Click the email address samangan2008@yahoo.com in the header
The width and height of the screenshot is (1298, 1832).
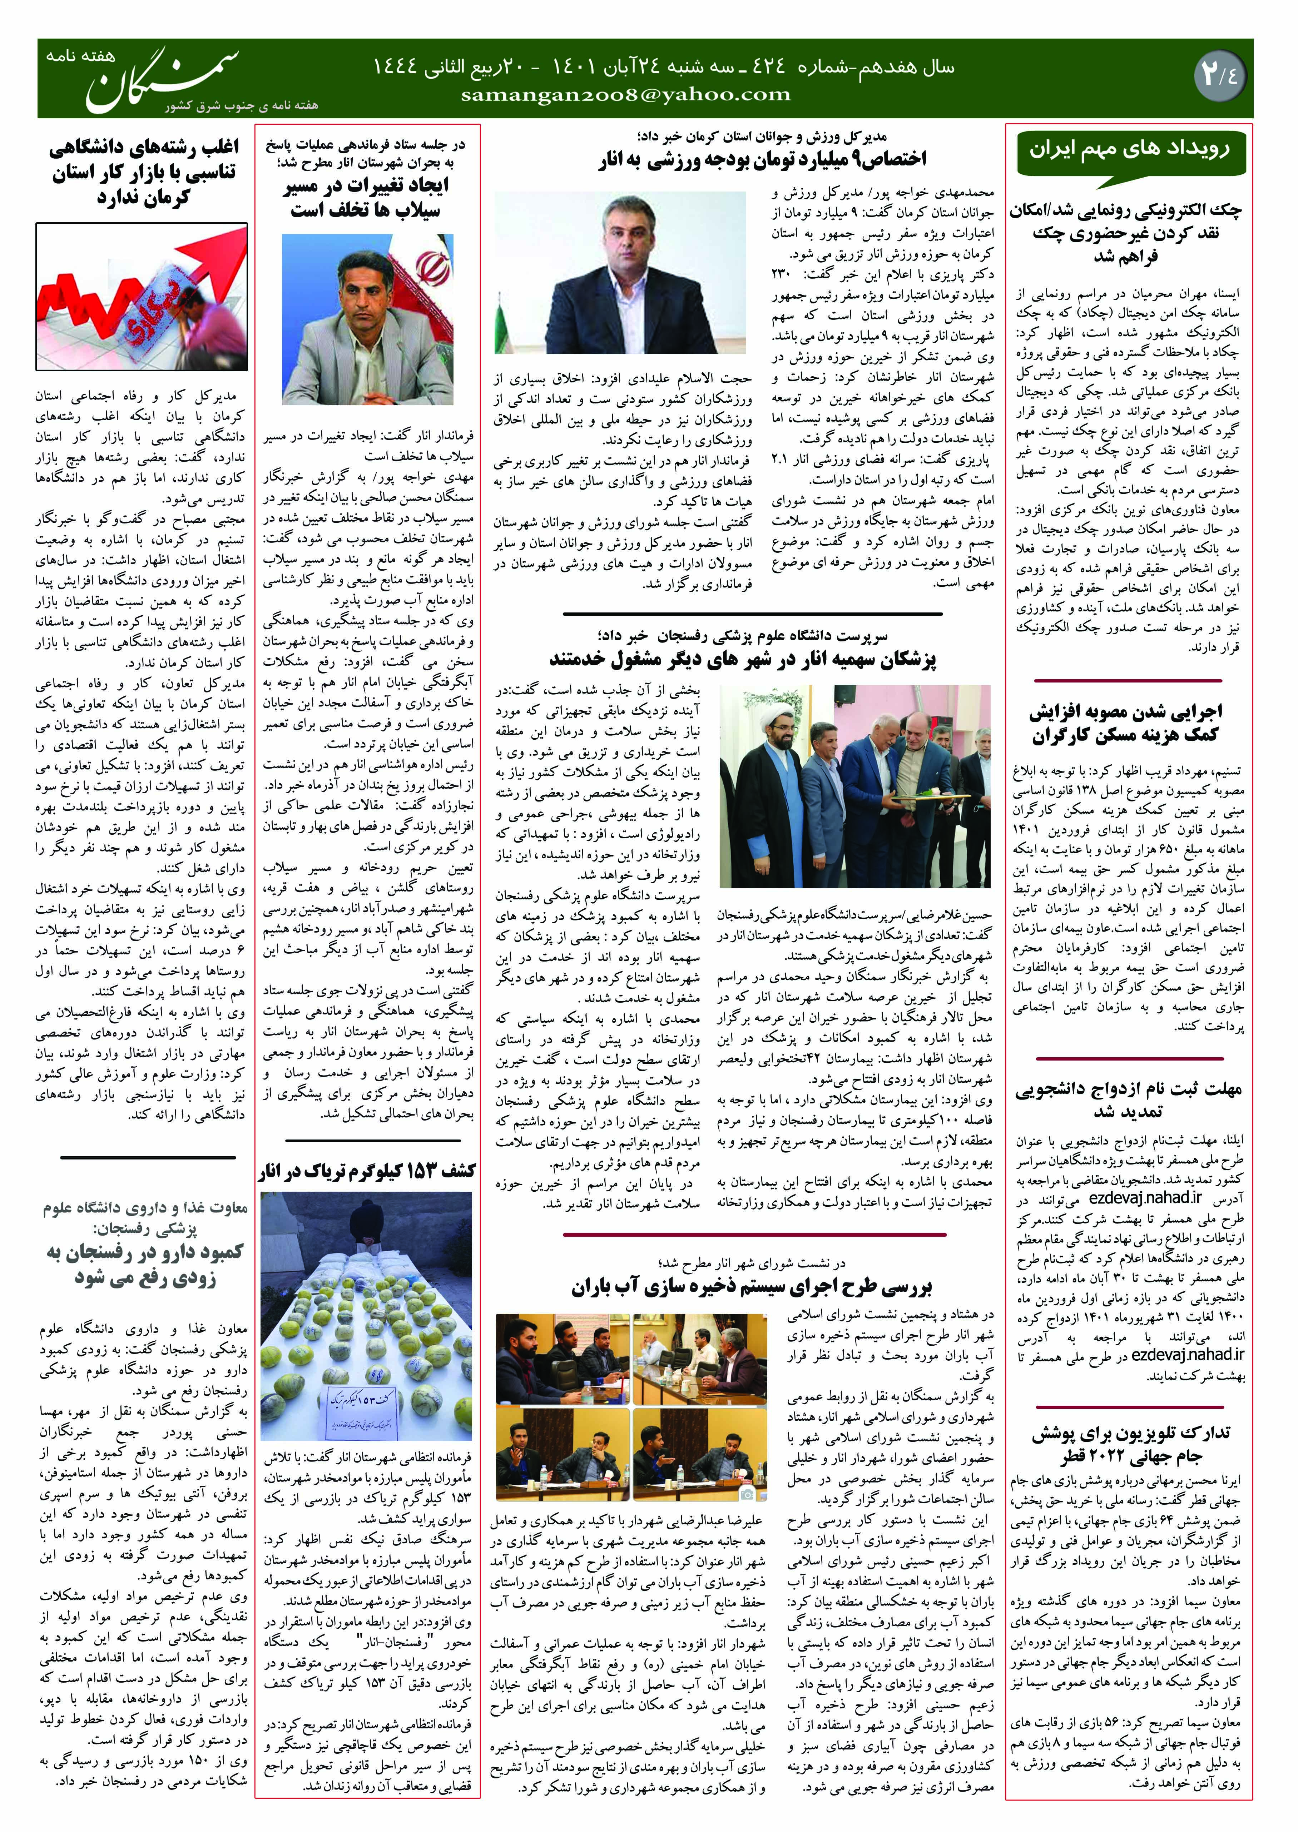click(626, 94)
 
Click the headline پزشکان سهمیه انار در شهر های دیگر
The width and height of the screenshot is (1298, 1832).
click(743, 660)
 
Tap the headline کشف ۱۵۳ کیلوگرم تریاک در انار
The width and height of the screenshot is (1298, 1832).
click(367, 1171)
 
